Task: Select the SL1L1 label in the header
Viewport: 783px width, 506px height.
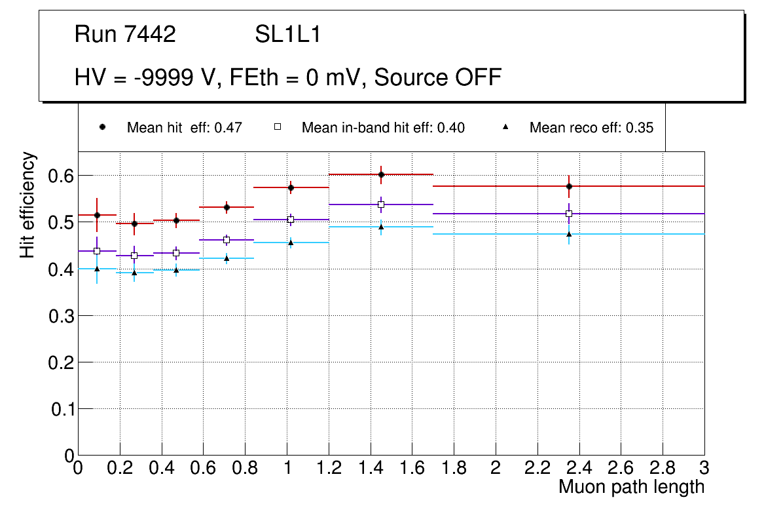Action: click(287, 35)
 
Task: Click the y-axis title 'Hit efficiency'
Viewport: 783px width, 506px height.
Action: click(27, 204)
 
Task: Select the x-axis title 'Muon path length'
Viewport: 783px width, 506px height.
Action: click(631, 487)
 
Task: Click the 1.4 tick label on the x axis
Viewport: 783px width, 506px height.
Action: click(370, 468)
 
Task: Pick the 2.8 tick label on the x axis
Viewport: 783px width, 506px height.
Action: click(663, 468)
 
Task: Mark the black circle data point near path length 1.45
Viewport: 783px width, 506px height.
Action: click(381, 174)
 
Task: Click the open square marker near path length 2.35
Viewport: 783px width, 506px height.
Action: click(569, 214)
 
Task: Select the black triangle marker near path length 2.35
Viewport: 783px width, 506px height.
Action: click(569, 234)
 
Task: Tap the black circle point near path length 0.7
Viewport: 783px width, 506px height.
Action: click(227, 207)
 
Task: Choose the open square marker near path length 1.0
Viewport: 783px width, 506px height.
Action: click(291, 220)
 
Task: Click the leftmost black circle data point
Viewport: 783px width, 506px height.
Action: click(97, 215)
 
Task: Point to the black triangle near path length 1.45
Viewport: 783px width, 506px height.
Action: click(381, 227)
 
